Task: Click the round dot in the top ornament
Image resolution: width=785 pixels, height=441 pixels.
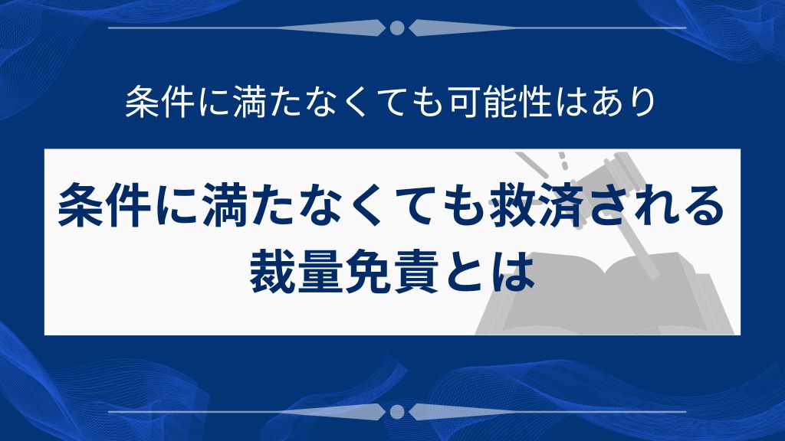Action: tap(397, 28)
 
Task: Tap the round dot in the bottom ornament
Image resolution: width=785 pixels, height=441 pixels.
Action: tap(397, 412)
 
